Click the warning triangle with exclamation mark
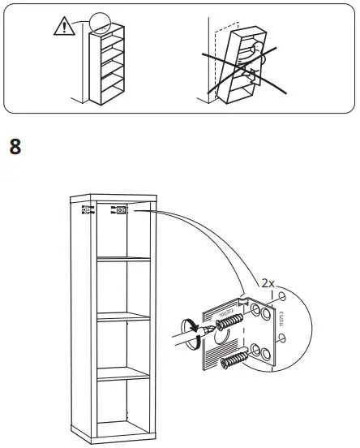pos(62,27)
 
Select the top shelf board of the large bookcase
pos(123,261)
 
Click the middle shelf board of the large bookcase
pos(123,318)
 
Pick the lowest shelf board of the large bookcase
pos(123,375)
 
